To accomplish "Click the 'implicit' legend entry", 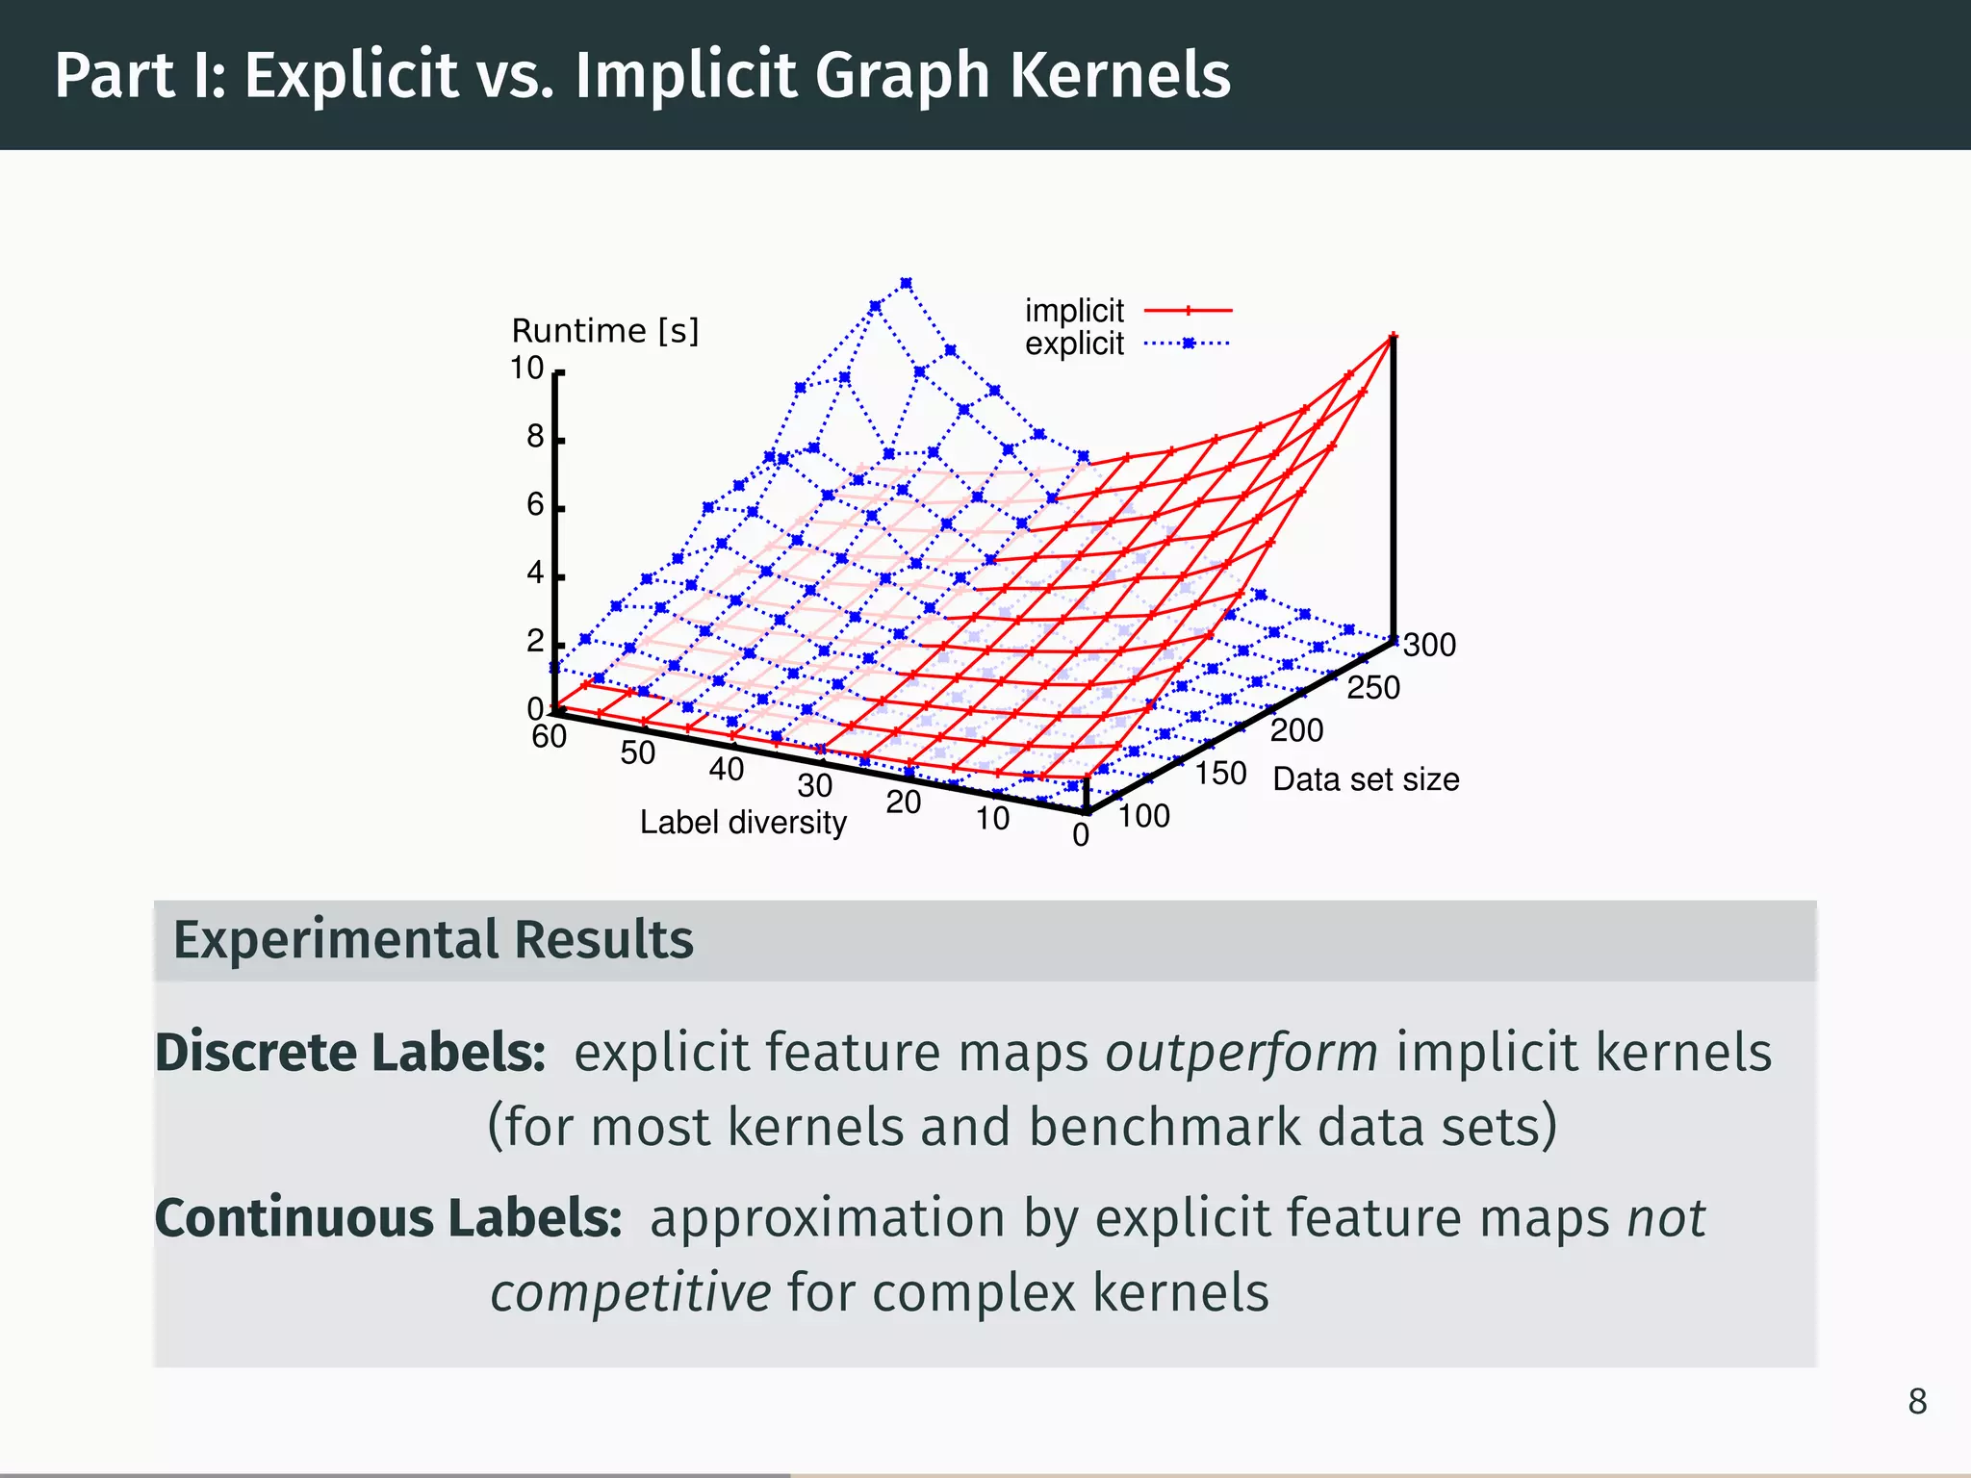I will click(x=1074, y=311).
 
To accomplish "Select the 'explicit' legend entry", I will click(x=1074, y=344).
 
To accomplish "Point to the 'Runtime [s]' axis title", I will click(x=604, y=331).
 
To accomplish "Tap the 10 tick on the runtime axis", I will click(x=527, y=369).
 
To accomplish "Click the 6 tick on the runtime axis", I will click(x=535, y=504).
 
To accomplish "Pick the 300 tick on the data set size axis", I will click(x=1429, y=645).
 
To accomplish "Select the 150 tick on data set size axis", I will click(x=1220, y=774).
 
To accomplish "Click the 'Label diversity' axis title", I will click(x=743, y=823).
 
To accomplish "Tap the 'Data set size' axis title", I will click(x=1366, y=779).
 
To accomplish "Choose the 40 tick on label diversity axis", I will click(x=727, y=770).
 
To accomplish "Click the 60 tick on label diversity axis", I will click(x=550, y=737).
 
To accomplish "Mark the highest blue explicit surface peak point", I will click(x=906, y=284).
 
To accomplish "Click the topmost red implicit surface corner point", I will click(x=1393, y=337).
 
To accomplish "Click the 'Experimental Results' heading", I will click(x=433, y=940).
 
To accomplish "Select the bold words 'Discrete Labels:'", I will click(x=351, y=1052).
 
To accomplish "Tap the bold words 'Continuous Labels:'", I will click(x=389, y=1217).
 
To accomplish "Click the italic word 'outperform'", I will click(x=1241, y=1052).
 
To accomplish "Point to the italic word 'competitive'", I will click(x=630, y=1292).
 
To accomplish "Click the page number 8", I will click(x=1917, y=1402).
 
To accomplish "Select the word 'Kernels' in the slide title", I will click(x=1120, y=75).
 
